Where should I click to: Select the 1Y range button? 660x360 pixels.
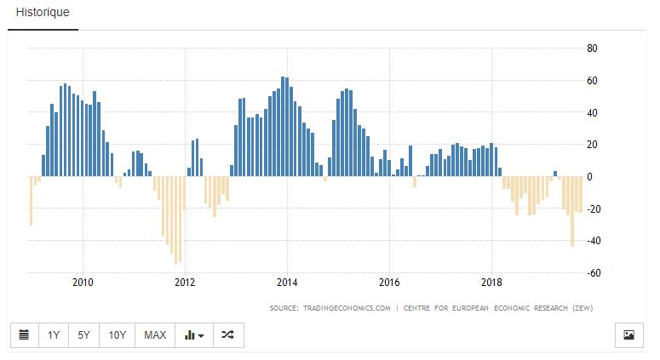(54, 334)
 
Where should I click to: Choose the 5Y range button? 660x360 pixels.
(83, 334)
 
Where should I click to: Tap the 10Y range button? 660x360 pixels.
(118, 334)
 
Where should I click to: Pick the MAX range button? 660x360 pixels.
(155, 334)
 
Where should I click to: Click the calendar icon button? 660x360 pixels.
(24, 334)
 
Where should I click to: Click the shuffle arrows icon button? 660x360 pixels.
(227, 334)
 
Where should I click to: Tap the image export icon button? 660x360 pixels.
(628, 334)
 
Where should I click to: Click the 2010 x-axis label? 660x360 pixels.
(83, 283)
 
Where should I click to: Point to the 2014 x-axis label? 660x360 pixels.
(287, 283)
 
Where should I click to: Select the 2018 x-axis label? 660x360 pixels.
(491, 283)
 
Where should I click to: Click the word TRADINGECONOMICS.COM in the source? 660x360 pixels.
(340, 307)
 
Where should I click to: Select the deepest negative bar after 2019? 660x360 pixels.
(572, 212)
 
